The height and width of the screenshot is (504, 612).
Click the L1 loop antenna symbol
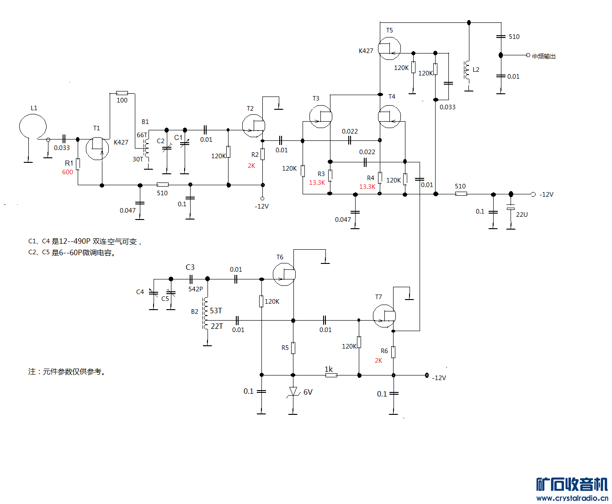point(33,127)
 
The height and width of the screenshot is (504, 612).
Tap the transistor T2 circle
point(253,126)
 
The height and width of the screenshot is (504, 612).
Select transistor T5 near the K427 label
point(389,48)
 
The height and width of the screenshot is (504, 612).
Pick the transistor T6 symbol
point(284,274)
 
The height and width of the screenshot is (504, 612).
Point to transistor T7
point(384,316)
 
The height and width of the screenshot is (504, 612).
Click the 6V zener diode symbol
point(293,392)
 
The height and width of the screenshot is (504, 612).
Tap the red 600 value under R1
point(68,172)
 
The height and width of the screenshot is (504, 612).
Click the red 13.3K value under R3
point(317,182)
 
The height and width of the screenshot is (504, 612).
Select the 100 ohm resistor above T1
point(122,93)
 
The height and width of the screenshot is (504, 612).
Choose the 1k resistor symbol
point(331,375)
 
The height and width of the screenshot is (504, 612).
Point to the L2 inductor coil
point(467,70)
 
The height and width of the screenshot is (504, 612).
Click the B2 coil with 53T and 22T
point(206,313)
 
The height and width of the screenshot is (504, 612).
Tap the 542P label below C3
point(196,289)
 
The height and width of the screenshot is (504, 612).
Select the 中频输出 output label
point(544,56)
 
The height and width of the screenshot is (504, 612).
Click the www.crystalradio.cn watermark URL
point(572,498)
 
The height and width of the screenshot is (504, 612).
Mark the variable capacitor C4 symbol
point(154,293)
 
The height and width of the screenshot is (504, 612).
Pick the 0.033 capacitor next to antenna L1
point(64,139)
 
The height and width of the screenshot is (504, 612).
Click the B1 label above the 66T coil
point(145,122)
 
